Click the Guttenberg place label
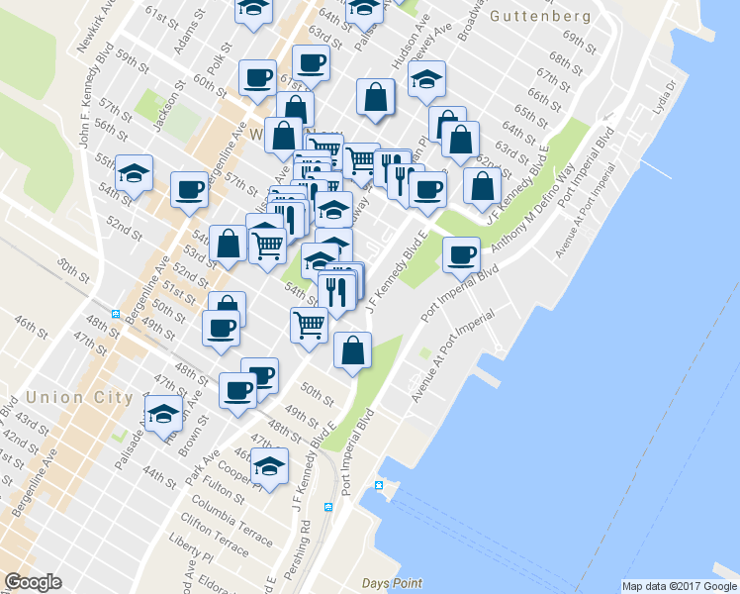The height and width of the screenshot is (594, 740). click(x=540, y=17)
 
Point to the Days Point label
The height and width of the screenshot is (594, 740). click(x=392, y=583)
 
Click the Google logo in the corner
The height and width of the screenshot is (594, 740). click(x=33, y=582)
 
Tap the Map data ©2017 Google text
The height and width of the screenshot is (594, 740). click(x=679, y=586)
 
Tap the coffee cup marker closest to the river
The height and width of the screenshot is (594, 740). click(x=460, y=254)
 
